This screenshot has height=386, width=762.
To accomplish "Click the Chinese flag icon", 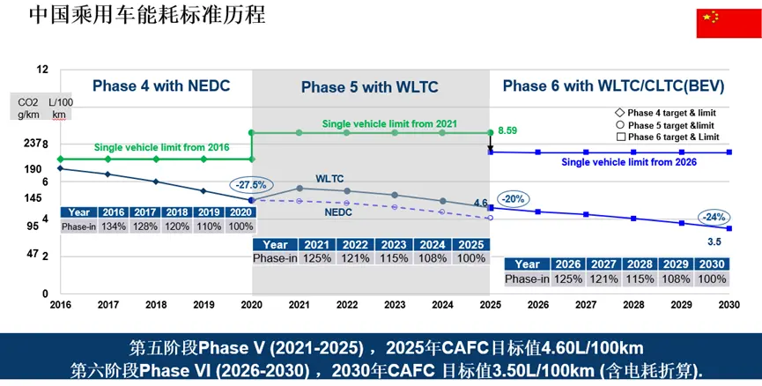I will (721, 23).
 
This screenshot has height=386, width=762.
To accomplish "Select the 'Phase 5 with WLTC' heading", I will (369, 86).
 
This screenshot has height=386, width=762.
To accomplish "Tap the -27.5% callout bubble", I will (251, 184).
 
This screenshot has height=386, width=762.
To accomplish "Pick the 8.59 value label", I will (507, 130).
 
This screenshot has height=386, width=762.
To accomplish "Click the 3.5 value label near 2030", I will (715, 241).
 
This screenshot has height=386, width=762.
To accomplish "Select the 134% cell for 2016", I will (113, 226).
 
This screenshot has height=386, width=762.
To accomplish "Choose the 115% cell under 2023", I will (394, 258).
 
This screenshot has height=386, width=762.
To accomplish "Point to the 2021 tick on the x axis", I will (300, 304).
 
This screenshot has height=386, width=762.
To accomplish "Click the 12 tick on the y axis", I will (42, 69).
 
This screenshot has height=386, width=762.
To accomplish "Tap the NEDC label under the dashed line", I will (338, 212).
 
